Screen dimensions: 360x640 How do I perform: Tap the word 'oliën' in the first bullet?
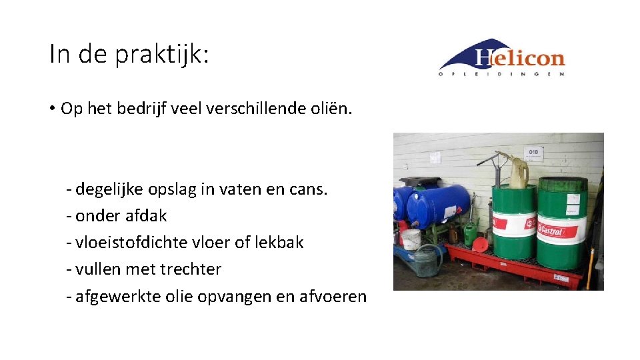pos(329,109)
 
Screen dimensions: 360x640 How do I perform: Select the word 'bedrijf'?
pos(143,109)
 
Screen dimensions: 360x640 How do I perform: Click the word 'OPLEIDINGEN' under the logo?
pos(501,74)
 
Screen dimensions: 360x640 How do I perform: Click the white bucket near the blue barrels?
pos(411,239)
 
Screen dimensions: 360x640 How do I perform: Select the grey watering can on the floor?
pos(427,261)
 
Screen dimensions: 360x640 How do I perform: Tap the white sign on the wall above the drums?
pos(533,153)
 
